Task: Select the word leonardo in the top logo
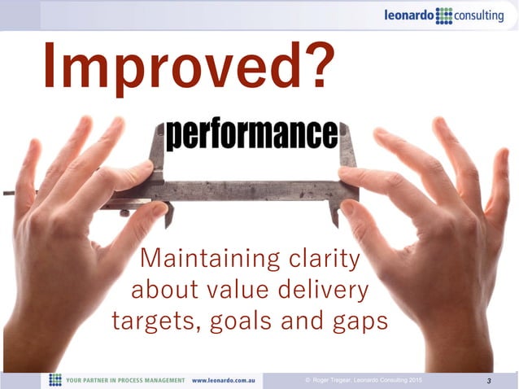410,15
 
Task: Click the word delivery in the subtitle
323,290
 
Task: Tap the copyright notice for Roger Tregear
363,379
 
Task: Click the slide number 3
488,381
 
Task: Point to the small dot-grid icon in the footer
55,380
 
